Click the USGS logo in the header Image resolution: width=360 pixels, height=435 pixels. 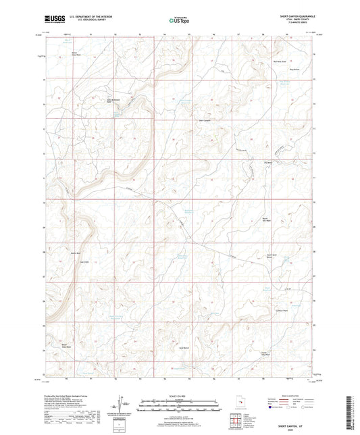tap(53, 20)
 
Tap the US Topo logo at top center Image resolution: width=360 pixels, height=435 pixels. tap(179, 20)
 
